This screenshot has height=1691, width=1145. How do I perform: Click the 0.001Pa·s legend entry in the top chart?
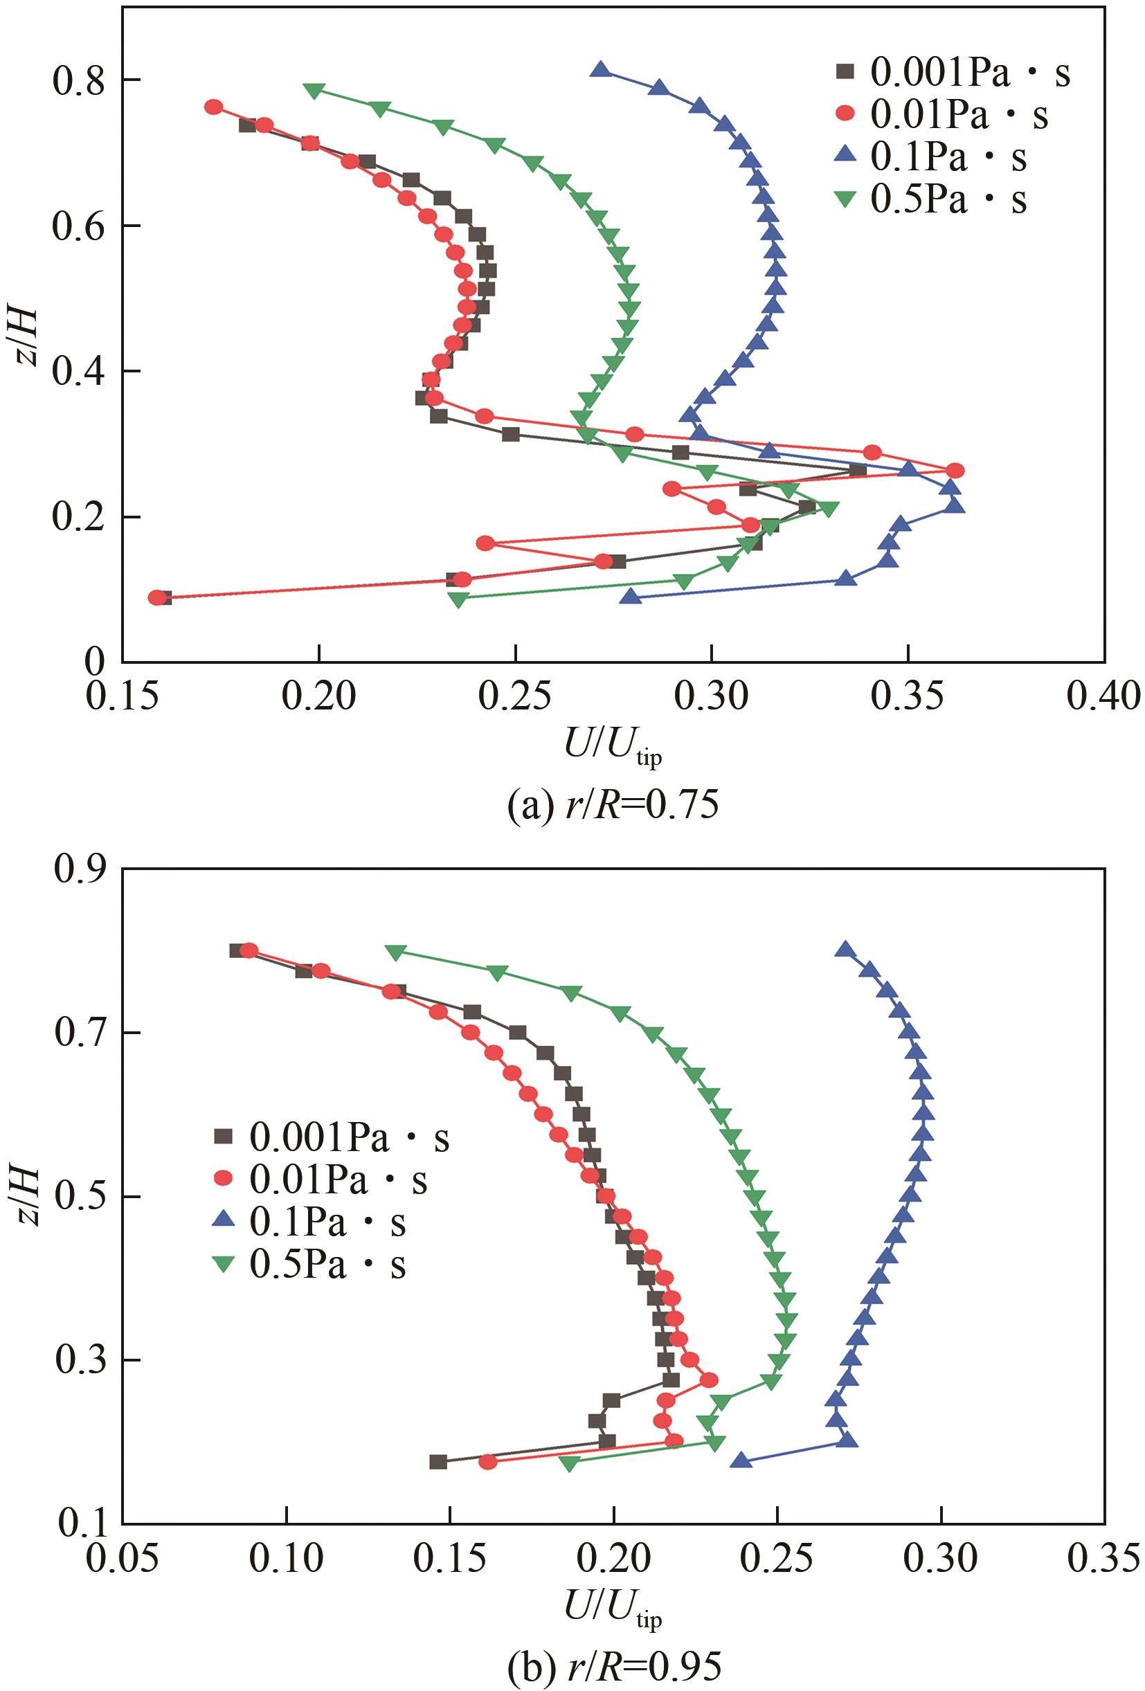[953, 73]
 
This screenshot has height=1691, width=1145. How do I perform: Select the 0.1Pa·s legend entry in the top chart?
[932, 158]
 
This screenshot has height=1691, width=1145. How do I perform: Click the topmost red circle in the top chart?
[213, 107]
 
